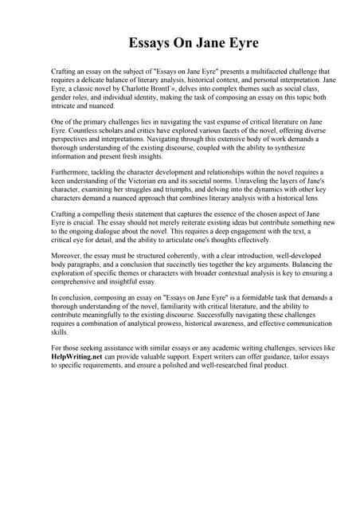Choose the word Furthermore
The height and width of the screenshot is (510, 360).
(x=72, y=172)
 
